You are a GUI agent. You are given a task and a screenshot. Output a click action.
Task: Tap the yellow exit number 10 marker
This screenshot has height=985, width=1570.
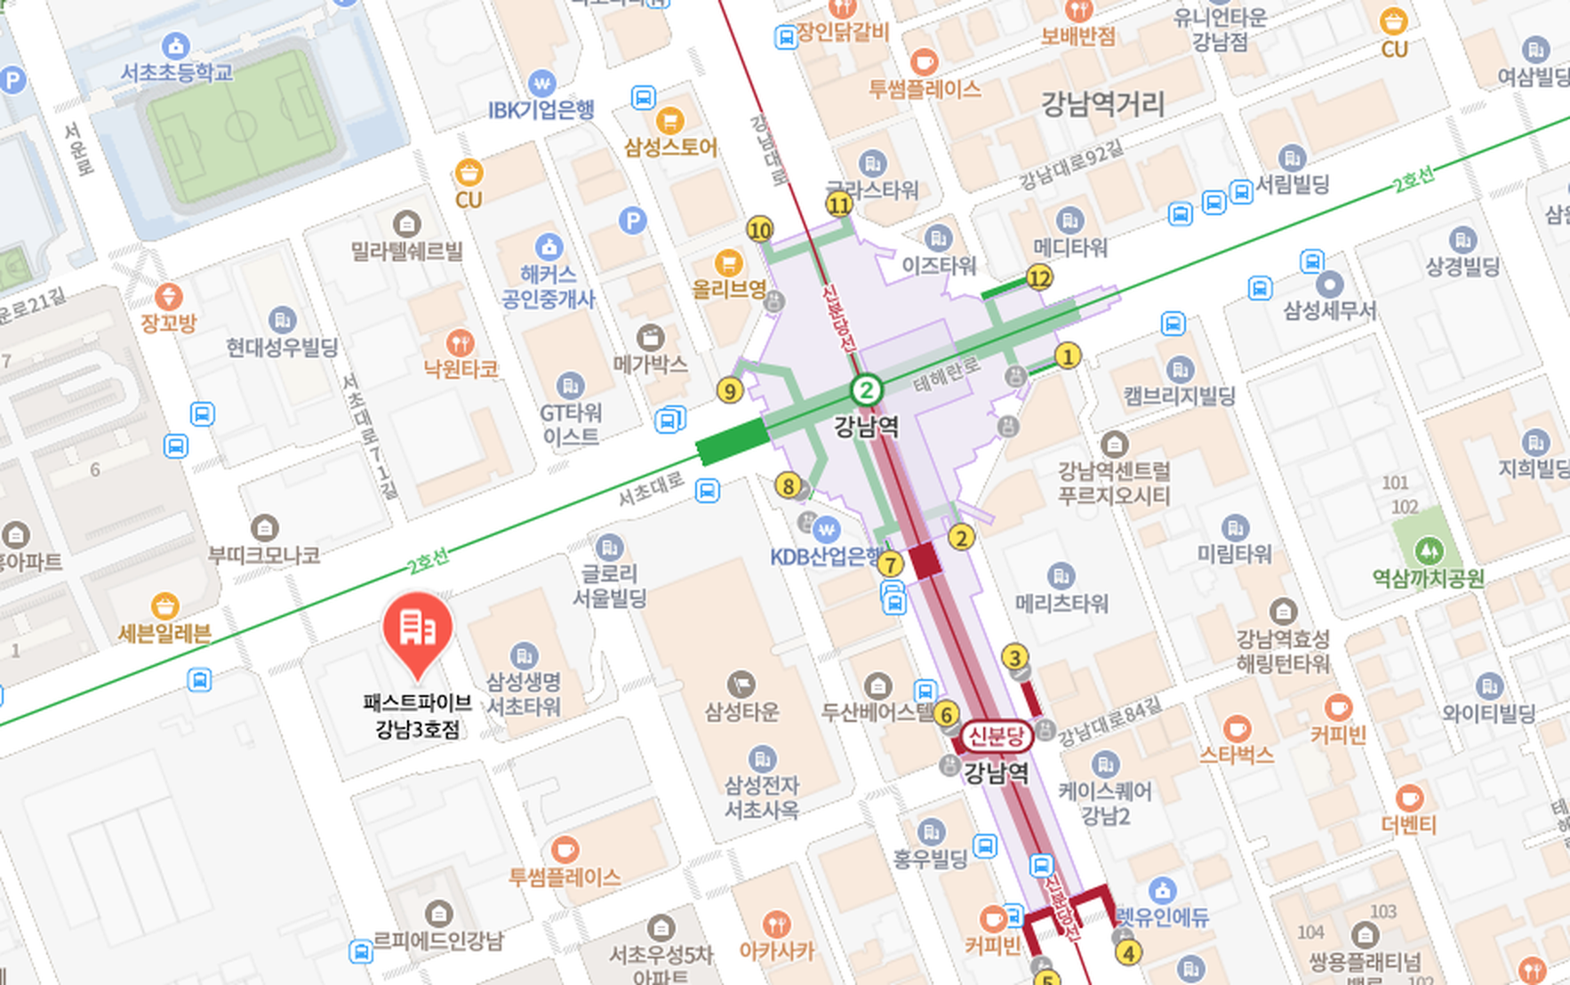759,230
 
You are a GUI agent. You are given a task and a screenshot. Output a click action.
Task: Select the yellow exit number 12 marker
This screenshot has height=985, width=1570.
1039,278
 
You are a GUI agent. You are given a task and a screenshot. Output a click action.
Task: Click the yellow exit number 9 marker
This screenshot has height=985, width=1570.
730,390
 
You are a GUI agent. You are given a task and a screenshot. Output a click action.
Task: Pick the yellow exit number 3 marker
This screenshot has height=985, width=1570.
1014,657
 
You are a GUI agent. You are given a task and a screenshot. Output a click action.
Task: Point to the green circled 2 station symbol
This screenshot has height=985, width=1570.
866,389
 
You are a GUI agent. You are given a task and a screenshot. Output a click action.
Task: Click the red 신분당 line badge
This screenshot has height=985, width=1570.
996,736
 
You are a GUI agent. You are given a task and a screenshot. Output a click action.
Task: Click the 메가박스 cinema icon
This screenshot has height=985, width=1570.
651,338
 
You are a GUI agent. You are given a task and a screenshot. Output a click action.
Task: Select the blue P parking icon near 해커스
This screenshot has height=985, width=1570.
632,220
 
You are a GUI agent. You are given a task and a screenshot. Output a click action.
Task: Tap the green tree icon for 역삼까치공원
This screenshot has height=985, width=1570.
1429,550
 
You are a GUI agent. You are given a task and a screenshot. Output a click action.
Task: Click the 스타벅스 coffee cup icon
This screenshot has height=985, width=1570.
1236,729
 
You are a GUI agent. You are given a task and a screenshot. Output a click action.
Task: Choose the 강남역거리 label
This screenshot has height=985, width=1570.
1102,105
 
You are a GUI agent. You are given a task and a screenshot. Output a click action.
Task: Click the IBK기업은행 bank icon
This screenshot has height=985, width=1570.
541,84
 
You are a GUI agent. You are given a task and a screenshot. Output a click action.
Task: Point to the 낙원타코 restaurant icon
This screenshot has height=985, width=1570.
460,342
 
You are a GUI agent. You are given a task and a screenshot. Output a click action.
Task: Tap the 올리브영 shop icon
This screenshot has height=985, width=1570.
728,262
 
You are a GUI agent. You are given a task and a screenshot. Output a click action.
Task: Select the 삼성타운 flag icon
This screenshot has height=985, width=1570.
741,684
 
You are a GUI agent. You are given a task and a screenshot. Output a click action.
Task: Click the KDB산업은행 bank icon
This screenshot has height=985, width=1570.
826,530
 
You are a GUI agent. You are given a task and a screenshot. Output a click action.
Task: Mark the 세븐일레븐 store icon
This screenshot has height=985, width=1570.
164,606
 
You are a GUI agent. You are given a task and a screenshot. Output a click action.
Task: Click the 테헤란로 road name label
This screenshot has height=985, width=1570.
946,372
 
